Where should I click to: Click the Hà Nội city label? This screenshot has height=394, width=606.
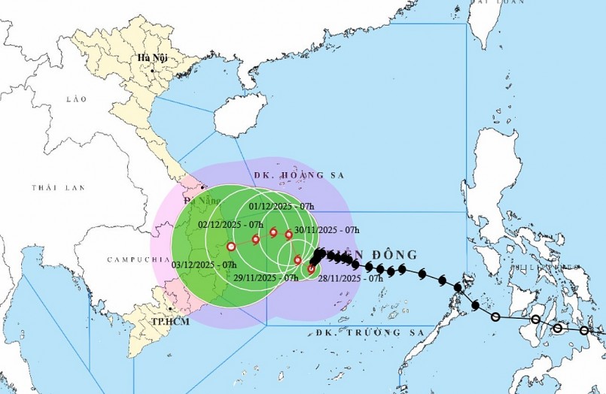[151, 58]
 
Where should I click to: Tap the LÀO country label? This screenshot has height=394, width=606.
[77, 98]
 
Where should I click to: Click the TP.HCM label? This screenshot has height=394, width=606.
[148, 321]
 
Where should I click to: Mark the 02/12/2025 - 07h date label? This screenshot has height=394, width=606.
[230, 224]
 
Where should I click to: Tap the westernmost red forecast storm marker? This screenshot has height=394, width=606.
[230, 245]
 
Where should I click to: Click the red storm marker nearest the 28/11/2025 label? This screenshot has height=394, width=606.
[312, 268]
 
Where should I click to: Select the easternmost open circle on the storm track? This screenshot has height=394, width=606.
[584, 330]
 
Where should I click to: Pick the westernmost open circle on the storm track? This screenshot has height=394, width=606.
[495, 317]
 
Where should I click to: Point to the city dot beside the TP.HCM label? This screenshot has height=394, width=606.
[172, 308]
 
